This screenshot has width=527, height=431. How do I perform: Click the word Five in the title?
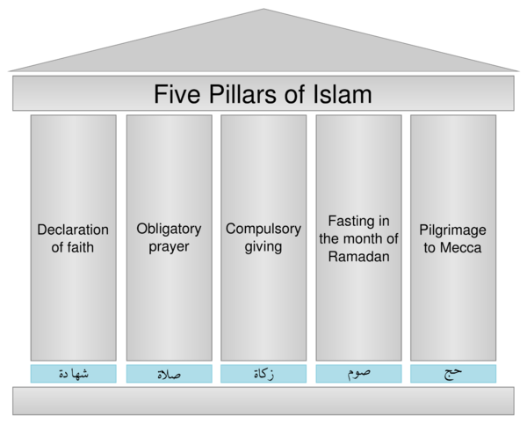(x=177, y=94)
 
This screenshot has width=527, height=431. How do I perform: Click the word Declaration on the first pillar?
(x=73, y=230)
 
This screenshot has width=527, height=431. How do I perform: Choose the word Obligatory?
(x=169, y=230)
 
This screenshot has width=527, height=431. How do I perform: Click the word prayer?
(x=169, y=247)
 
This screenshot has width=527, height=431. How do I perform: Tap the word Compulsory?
(x=263, y=230)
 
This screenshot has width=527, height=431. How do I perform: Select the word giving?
(x=263, y=247)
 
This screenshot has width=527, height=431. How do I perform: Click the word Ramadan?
(x=359, y=257)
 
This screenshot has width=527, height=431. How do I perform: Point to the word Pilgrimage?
(x=452, y=230)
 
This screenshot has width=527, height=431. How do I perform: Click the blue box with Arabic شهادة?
(x=73, y=374)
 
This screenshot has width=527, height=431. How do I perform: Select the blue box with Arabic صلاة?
(x=169, y=374)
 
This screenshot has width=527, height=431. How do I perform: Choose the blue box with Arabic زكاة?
(x=263, y=374)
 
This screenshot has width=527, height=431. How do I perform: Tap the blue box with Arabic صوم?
(x=358, y=374)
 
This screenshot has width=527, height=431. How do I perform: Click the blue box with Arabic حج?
(x=453, y=374)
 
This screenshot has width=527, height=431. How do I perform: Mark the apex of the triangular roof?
(x=263, y=9)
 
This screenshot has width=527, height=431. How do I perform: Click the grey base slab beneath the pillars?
(x=263, y=401)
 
